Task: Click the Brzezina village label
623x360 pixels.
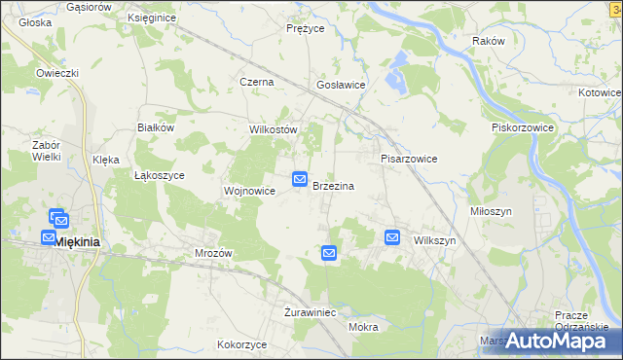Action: click(x=333, y=186)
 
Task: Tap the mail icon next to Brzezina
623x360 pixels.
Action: click(x=300, y=179)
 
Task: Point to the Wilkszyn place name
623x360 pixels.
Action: click(x=434, y=240)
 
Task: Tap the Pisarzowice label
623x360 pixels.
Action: click(x=408, y=159)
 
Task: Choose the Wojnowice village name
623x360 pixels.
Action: click(x=250, y=192)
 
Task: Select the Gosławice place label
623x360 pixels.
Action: click(x=341, y=86)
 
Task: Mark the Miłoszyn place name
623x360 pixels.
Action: click(x=518, y=211)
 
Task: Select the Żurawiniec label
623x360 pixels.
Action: click(x=310, y=313)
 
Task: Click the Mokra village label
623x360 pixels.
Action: click(x=362, y=327)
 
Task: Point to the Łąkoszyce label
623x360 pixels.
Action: click(x=159, y=176)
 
